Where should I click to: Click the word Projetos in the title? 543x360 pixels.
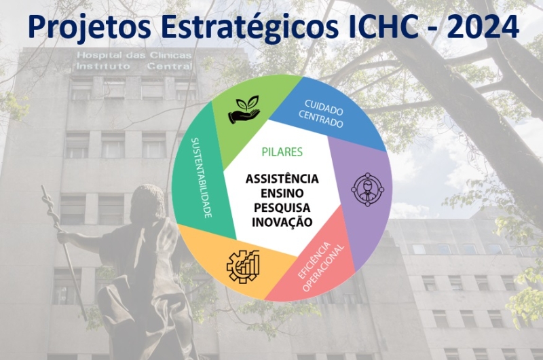click(90, 26)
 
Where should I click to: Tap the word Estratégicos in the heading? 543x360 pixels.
click(250, 26)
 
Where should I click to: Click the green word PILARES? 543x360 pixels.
click(282, 151)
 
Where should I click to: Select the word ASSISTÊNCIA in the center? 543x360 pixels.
click(282, 179)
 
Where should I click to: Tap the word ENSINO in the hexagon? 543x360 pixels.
click(282, 193)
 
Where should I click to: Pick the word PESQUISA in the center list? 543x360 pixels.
click(282, 208)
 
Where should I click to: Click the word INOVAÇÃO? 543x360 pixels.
click(282, 221)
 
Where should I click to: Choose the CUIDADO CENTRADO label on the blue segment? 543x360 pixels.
click(321, 113)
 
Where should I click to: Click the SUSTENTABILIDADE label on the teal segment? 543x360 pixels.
click(202, 178)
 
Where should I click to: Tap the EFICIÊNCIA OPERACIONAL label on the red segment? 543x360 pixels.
click(321, 267)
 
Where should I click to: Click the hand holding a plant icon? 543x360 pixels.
click(244, 109)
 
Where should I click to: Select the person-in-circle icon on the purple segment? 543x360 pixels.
click(368, 190)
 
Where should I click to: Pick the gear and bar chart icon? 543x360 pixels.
click(243, 266)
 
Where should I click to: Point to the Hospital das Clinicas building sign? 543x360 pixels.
click(134, 60)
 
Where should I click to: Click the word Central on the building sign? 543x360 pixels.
click(170, 66)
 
